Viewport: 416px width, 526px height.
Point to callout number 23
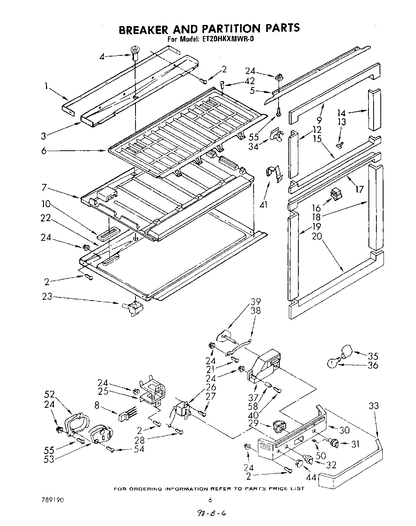click(x=48, y=297)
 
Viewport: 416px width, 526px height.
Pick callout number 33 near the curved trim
click(x=373, y=406)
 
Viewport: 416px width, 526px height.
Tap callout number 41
click(x=264, y=204)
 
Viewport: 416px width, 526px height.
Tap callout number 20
click(x=317, y=236)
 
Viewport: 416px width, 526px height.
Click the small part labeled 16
click(x=336, y=194)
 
